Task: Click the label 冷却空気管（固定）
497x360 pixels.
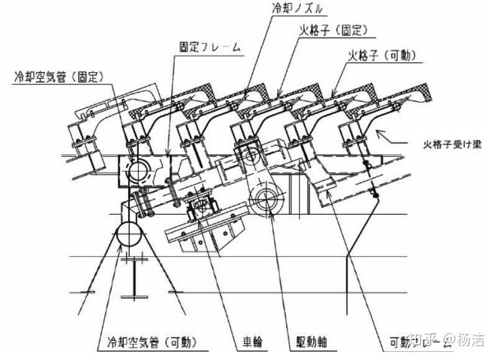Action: [58, 78]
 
